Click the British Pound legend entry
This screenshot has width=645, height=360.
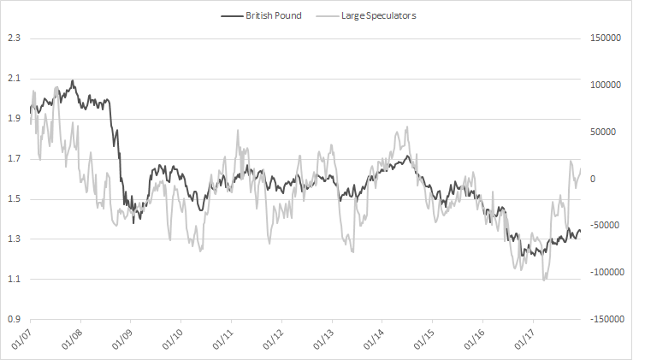point(273,15)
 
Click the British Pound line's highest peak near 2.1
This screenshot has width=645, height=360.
point(73,81)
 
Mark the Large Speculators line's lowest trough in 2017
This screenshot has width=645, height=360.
point(544,280)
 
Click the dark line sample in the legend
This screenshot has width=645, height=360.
point(231,15)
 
